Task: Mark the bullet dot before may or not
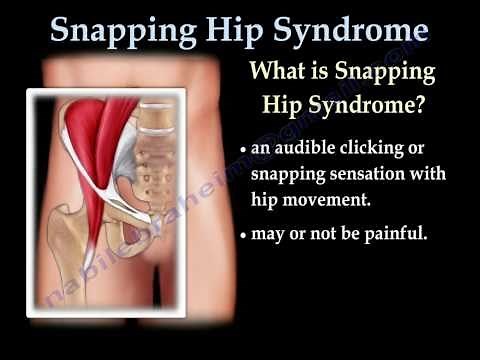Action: [x=243, y=236]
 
